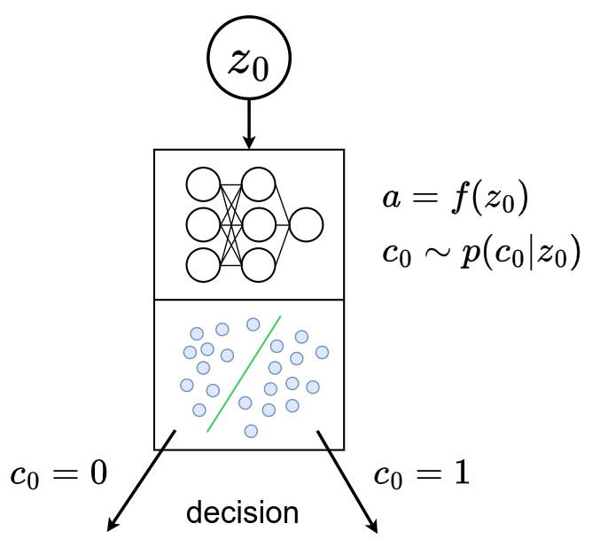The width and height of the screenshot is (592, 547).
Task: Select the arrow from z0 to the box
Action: point(248,124)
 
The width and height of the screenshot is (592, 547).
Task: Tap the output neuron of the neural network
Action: point(307,224)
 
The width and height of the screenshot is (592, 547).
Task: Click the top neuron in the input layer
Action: point(202,184)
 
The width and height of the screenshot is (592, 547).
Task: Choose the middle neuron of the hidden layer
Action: point(258,224)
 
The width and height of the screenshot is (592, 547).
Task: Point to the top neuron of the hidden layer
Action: point(258,184)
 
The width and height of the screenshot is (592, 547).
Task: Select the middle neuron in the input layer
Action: point(202,224)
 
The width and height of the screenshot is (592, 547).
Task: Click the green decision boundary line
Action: point(244,373)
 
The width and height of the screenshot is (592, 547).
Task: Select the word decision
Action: point(241,512)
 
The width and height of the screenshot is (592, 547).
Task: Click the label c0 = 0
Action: point(58,474)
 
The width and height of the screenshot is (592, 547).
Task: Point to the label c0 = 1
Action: point(419,474)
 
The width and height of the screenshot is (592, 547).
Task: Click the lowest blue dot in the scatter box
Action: point(251,431)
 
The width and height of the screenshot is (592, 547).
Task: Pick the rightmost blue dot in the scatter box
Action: point(322,352)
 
